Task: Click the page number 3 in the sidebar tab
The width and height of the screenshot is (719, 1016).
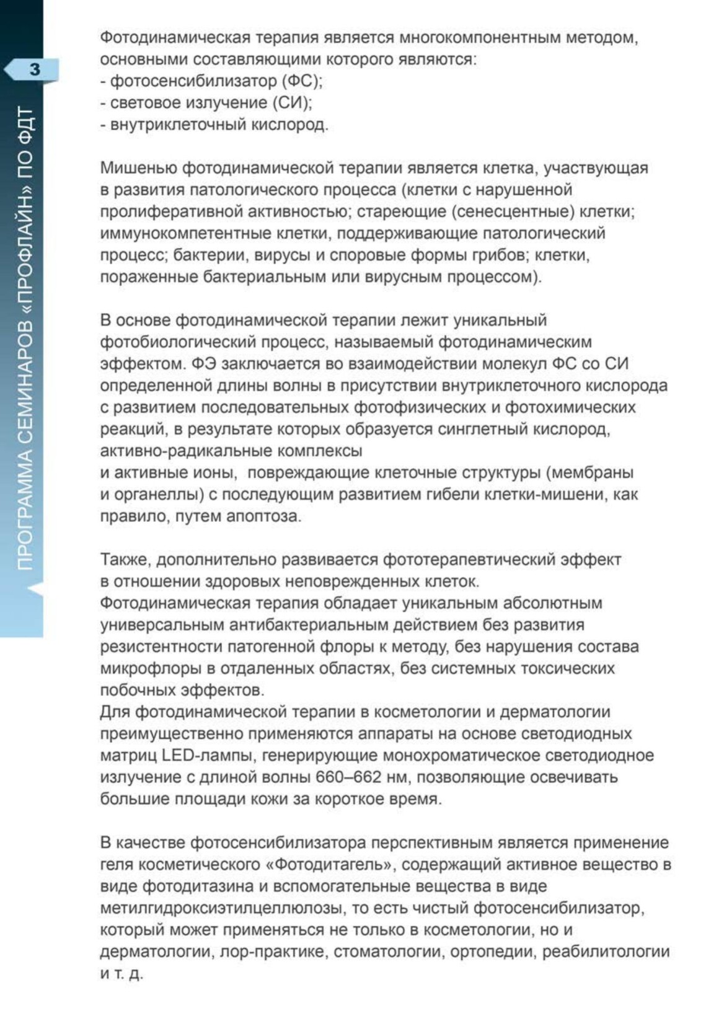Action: [34, 69]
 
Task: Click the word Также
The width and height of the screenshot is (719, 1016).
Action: [126, 560]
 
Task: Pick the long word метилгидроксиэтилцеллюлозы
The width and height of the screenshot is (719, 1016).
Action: [219, 909]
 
